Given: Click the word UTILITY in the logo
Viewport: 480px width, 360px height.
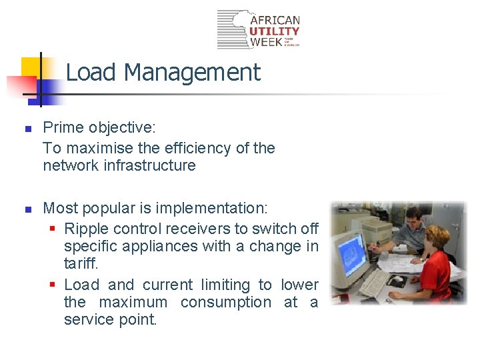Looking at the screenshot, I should (x=275, y=31).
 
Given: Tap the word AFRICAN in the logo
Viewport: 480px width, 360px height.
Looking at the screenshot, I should (x=275, y=20).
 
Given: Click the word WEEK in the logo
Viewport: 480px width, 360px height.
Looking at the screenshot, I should (x=265, y=42).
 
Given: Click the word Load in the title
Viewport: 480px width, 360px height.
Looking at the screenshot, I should (x=92, y=72).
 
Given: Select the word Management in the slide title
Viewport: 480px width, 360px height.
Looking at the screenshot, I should (x=192, y=72).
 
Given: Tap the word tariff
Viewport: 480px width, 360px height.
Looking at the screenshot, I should (x=81, y=263).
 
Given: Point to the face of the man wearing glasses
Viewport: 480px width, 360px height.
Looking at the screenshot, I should (x=413, y=219).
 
